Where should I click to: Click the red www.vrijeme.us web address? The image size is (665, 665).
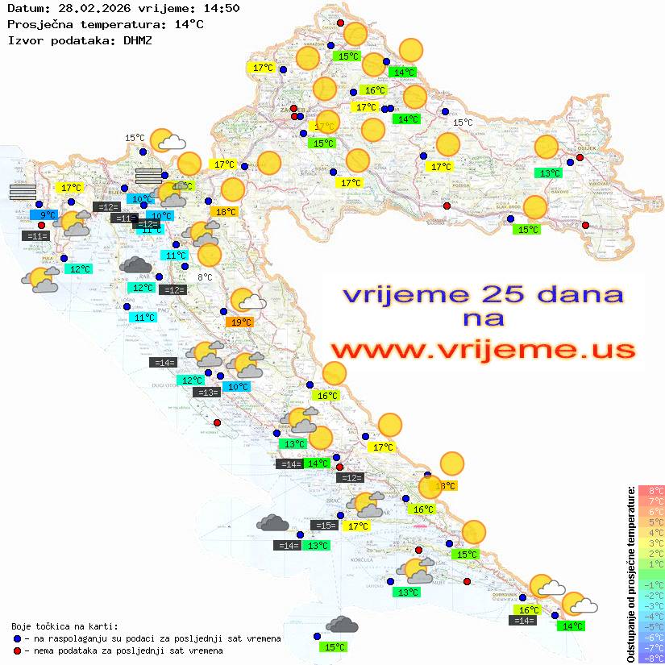(482, 350)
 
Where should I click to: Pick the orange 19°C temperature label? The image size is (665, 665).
(239, 322)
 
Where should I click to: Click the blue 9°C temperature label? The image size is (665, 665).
(48, 215)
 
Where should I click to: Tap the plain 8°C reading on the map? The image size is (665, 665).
(205, 277)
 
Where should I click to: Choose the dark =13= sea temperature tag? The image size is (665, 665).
(207, 393)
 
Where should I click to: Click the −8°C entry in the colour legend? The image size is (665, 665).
(650, 659)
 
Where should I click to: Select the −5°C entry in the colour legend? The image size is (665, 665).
(650, 627)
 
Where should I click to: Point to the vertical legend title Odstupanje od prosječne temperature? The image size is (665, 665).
(630, 574)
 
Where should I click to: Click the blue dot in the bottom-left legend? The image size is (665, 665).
(18, 638)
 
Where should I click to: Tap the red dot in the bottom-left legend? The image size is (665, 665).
(18, 650)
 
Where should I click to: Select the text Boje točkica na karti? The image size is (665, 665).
(64, 626)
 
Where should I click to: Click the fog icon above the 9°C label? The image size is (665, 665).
(23, 191)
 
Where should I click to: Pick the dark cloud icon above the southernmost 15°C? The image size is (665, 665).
(342, 625)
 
